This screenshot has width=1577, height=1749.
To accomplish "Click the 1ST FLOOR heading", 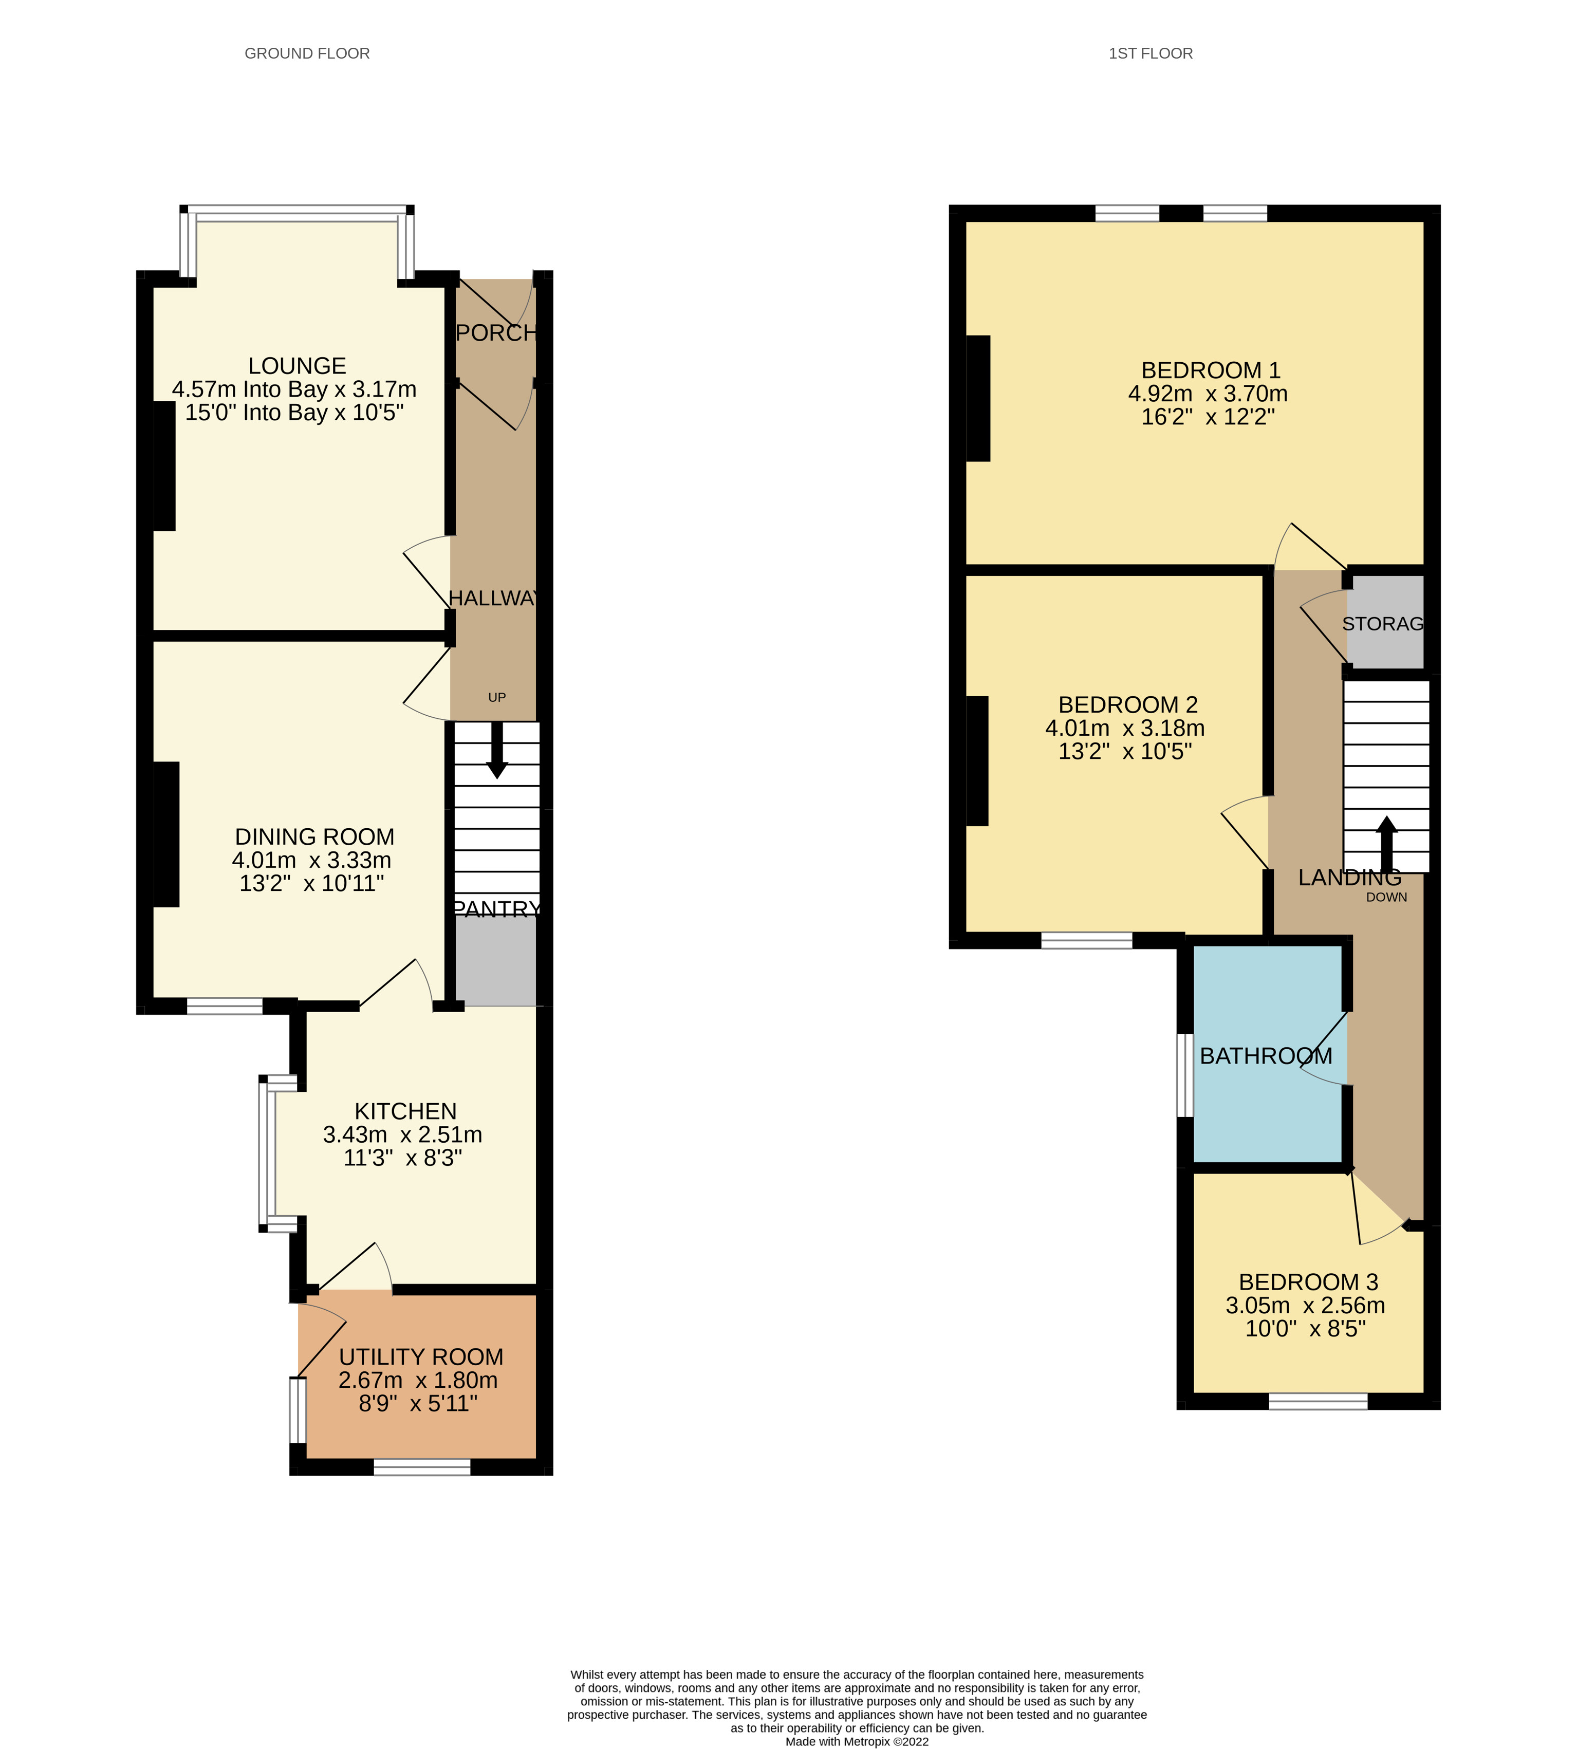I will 1150,54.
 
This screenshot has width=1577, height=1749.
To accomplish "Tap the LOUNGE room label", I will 296,365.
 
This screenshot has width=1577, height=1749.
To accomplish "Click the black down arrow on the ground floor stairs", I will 496,750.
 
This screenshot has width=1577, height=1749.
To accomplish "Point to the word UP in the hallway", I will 496,697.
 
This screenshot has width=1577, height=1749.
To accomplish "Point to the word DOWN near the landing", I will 1386,898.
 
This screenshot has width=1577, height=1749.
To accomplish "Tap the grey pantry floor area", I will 496,961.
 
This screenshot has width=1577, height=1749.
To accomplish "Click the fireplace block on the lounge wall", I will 164,466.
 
